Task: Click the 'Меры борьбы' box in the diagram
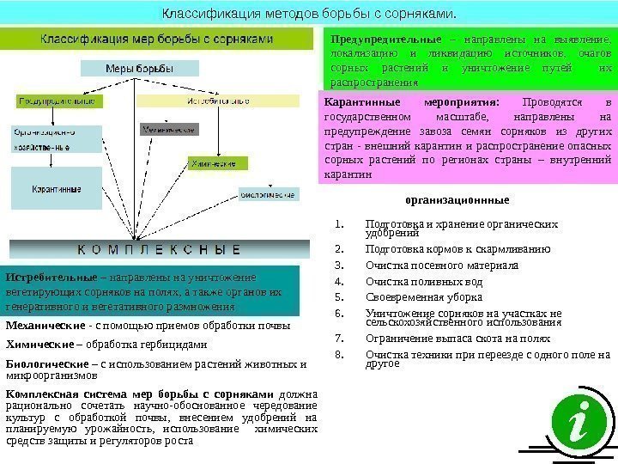pyautogui.click(x=133, y=69)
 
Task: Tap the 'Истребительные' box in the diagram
pyautogui.click(x=219, y=101)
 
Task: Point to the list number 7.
pyautogui.click(x=340, y=338)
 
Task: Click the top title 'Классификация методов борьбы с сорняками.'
pyautogui.click(x=309, y=14)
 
